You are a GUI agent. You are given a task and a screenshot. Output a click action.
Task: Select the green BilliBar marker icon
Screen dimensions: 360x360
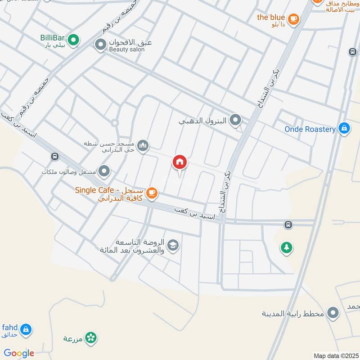[73, 40]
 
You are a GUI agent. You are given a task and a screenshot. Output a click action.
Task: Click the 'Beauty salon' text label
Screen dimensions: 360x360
[127, 50]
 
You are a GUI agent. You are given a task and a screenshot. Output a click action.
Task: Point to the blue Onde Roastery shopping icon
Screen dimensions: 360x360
[344, 129]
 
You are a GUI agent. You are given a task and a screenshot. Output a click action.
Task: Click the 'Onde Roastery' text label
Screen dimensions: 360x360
[310, 129]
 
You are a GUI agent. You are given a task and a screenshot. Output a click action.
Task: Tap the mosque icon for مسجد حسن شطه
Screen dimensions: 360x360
[143, 145]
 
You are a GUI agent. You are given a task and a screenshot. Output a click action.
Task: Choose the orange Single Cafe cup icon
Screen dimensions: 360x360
[152, 193]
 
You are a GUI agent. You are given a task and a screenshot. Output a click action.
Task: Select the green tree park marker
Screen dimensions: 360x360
[286, 247]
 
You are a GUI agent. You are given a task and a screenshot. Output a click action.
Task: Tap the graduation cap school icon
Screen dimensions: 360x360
[172, 245]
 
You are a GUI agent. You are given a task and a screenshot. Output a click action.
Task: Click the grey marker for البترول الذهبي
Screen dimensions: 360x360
[235, 120]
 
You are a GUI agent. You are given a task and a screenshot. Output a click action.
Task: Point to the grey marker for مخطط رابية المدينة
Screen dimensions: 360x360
[333, 312]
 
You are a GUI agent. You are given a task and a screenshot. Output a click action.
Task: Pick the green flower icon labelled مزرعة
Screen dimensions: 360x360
[91, 337]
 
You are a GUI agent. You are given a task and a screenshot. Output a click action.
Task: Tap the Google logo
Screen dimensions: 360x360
[19, 353]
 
